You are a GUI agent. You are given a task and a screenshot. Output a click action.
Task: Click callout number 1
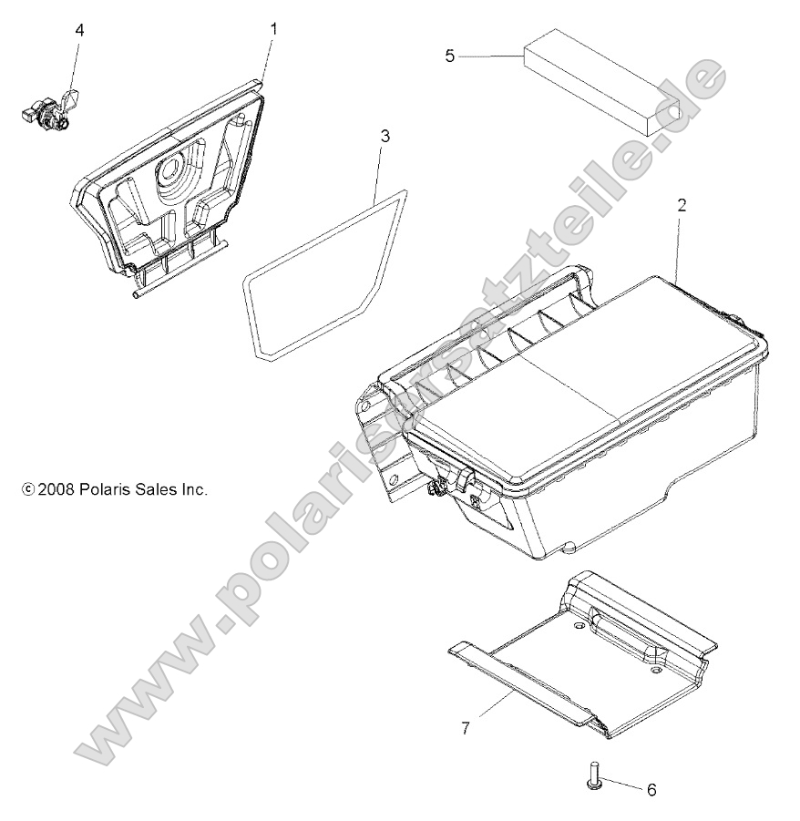point(273,29)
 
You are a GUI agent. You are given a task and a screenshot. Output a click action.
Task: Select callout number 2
point(681,205)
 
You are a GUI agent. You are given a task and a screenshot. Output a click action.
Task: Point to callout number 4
point(79,30)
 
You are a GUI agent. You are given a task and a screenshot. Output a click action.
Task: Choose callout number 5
point(449,56)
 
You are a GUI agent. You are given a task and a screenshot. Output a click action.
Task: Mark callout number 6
point(651,789)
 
